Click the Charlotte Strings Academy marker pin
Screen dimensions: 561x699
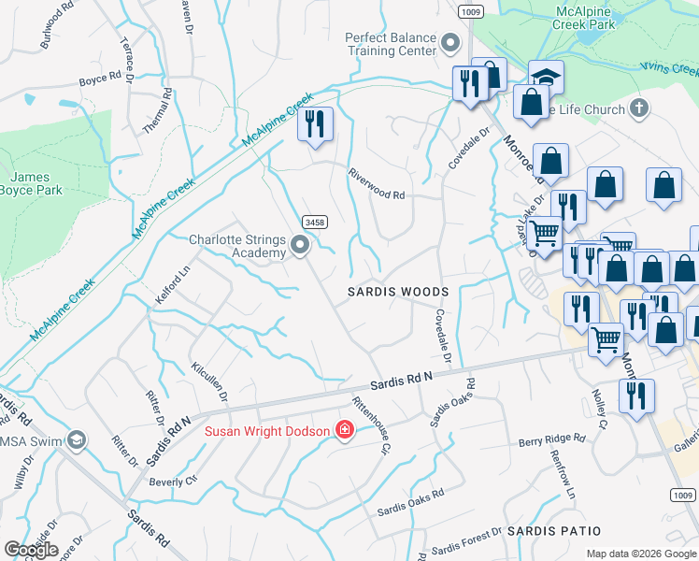[x=300, y=246]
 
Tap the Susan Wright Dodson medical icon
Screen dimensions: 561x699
[x=344, y=431]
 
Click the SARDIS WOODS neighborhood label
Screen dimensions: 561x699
[x=398, y=292]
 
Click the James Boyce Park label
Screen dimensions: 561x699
[x=36, y=183]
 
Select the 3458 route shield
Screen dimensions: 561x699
[x=314, y=222]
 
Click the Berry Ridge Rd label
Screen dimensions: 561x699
[x=551, y=439]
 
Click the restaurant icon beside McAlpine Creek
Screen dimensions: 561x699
[x=315, y=123]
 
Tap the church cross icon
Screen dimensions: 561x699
[x=639, y=108]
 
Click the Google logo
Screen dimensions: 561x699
[x=30, y=549]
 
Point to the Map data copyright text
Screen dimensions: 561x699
[x=641, y=554]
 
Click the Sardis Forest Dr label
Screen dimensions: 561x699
[x=466, y=544]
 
